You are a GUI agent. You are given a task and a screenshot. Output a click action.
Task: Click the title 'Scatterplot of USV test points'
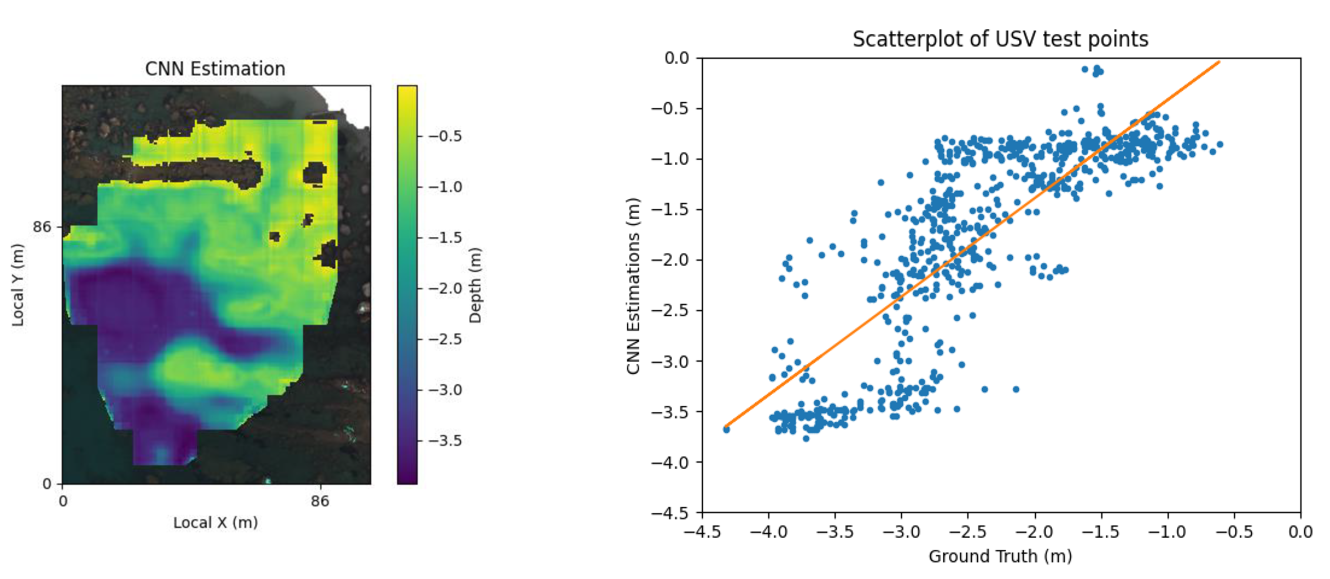(1000, 39)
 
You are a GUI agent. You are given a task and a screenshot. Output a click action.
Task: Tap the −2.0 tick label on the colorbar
(445, 288)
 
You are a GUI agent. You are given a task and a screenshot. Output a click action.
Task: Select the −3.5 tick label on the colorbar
(445, 440)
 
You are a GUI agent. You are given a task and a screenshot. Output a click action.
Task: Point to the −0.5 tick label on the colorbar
(445, 136)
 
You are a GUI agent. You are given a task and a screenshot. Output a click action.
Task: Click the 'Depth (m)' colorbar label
(475, 285)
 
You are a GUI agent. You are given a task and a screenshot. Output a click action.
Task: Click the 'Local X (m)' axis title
(215, 522)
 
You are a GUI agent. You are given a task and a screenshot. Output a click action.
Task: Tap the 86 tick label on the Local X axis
(320, 501)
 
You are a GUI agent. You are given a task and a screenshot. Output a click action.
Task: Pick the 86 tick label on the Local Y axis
(42, 227)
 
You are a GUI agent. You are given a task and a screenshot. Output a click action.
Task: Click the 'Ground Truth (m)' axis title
(1000, 556)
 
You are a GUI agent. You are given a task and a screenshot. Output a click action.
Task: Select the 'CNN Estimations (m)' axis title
(633, 285)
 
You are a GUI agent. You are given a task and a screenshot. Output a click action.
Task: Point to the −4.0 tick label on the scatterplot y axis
(670, 462)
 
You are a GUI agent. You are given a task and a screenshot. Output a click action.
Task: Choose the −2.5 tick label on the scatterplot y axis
(670, 310)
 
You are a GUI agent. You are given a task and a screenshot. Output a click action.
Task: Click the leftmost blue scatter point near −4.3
(727, 429)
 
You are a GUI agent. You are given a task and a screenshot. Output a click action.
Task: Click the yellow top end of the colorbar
(407, 89)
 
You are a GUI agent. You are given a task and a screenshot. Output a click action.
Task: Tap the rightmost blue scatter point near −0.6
(1220, 144)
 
